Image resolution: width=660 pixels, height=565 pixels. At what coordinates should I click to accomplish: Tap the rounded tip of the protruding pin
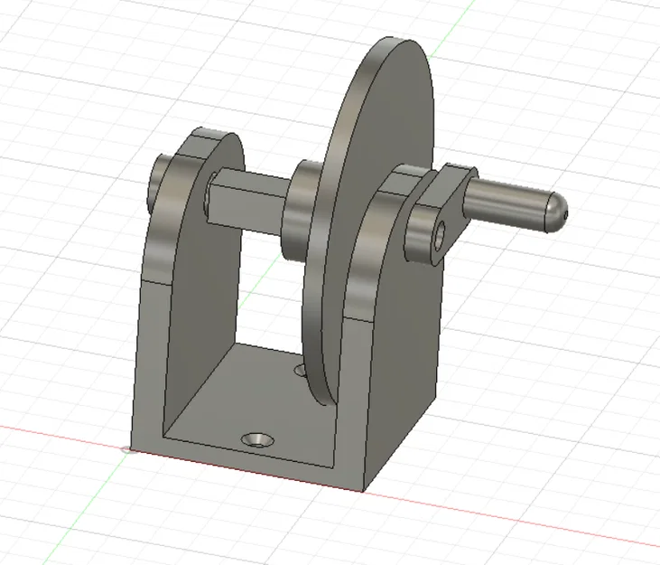(x=558, y=212)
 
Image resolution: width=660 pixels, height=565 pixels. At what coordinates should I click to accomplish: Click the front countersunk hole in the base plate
(x=258, y=439)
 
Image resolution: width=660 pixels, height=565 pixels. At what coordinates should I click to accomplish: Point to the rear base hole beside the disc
(x=302, y=369)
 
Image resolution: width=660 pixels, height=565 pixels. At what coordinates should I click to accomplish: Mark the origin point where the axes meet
(x=124, y=448)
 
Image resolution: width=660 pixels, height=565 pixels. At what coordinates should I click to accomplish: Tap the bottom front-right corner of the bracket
(x=365, y=491)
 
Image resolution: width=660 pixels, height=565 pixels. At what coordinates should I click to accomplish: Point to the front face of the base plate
(x=244, y=466)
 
